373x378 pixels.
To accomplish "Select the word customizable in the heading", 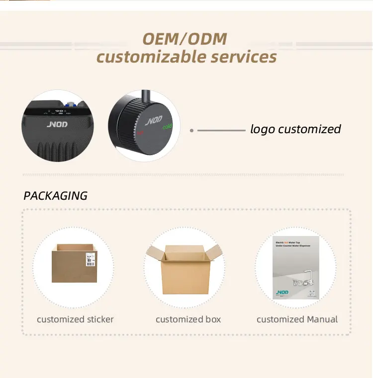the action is click(x=151, y=57).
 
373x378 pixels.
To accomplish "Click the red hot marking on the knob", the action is click(x=140, y=133).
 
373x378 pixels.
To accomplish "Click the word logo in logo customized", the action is click(x=262, y=130).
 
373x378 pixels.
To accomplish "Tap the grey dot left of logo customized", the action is click(x=191, y=131).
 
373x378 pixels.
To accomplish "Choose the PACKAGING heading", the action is click(x=55, y=196).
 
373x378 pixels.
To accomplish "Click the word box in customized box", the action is click(x=212, y=319).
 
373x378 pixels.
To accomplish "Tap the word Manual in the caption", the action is click(x=321, y=319).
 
